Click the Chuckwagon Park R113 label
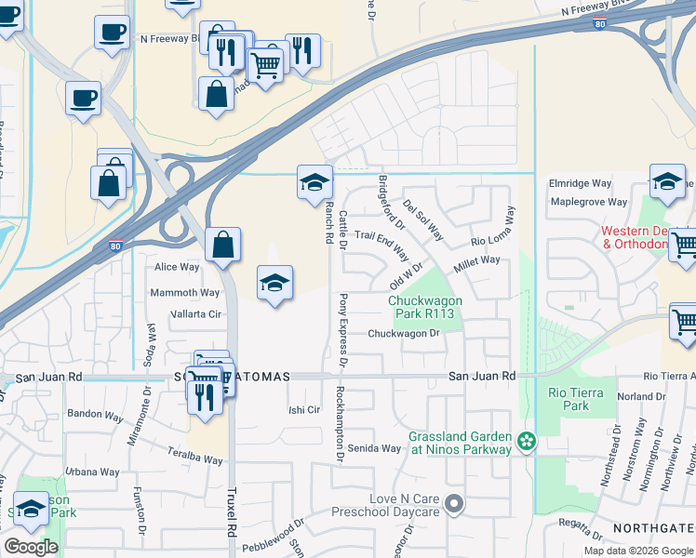pos(421,306)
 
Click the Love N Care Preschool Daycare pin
pos(454,505)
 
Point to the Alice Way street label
pos(177,267)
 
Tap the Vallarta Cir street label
pos(194,314)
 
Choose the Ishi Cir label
pos(304,409)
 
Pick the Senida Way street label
pos(374,448)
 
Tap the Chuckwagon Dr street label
pos(403,333)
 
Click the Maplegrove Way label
pos(589,202)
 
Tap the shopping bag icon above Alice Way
pos(223,246)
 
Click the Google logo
pos(32,547)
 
